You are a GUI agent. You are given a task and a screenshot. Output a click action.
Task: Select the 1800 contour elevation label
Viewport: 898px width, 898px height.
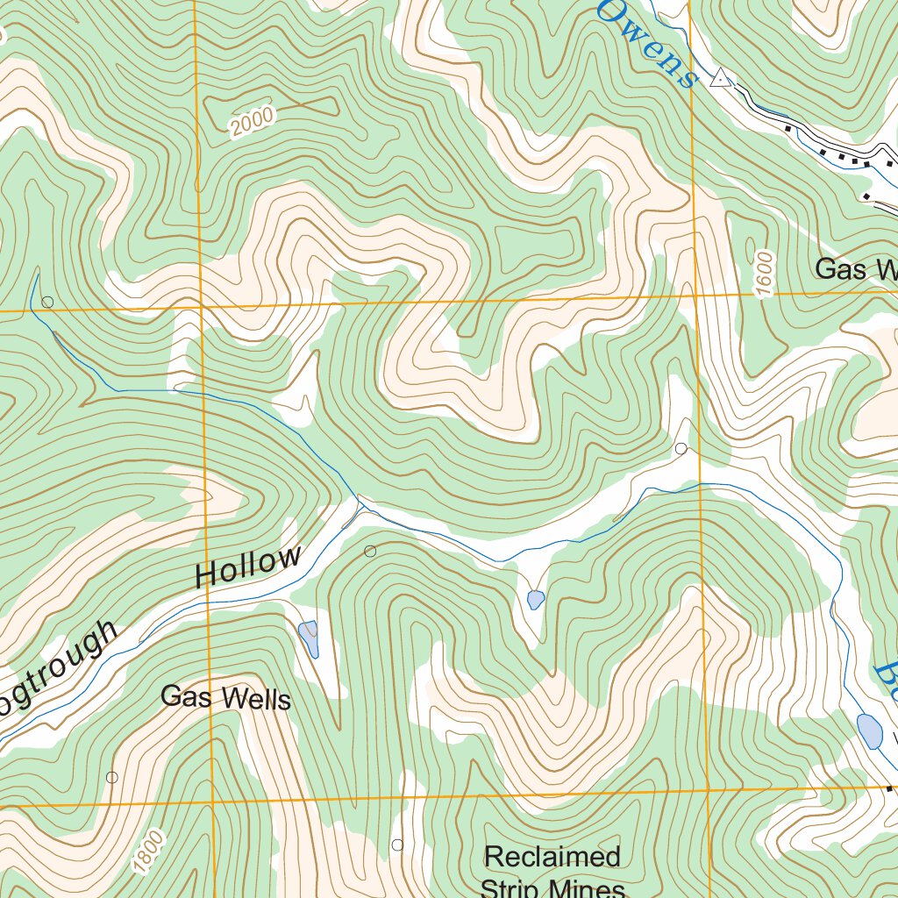[150, 852]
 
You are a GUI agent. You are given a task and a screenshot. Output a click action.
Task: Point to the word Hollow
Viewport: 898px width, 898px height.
[248, 567]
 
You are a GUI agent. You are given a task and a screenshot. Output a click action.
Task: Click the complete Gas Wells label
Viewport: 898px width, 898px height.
[225, 698]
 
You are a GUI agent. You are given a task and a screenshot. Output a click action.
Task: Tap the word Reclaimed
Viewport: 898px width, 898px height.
[552, 856]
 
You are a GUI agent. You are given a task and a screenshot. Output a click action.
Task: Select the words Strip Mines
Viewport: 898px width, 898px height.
[552, 887]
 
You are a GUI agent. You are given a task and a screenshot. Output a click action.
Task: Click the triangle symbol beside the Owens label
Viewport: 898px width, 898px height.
[720, 79]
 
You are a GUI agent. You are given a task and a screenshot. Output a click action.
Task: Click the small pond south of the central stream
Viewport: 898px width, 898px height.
[535, 600]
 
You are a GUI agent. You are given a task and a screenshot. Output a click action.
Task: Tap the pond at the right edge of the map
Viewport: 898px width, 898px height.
[869, 731]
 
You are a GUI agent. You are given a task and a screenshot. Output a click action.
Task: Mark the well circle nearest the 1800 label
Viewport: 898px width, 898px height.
[111, 777]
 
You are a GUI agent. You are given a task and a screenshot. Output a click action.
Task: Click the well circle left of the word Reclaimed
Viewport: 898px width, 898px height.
[397, 845]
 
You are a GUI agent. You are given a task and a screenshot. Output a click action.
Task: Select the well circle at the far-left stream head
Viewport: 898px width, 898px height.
[47, 302]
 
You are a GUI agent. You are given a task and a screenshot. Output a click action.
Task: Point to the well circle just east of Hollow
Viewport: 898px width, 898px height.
[370, 551]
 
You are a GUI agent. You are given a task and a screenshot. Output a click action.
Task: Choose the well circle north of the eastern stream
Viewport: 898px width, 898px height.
[681, 449]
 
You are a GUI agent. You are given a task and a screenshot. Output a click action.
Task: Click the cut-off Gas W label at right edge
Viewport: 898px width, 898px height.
[856, 269]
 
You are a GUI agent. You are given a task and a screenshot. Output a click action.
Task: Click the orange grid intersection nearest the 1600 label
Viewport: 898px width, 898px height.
[697, 296]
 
